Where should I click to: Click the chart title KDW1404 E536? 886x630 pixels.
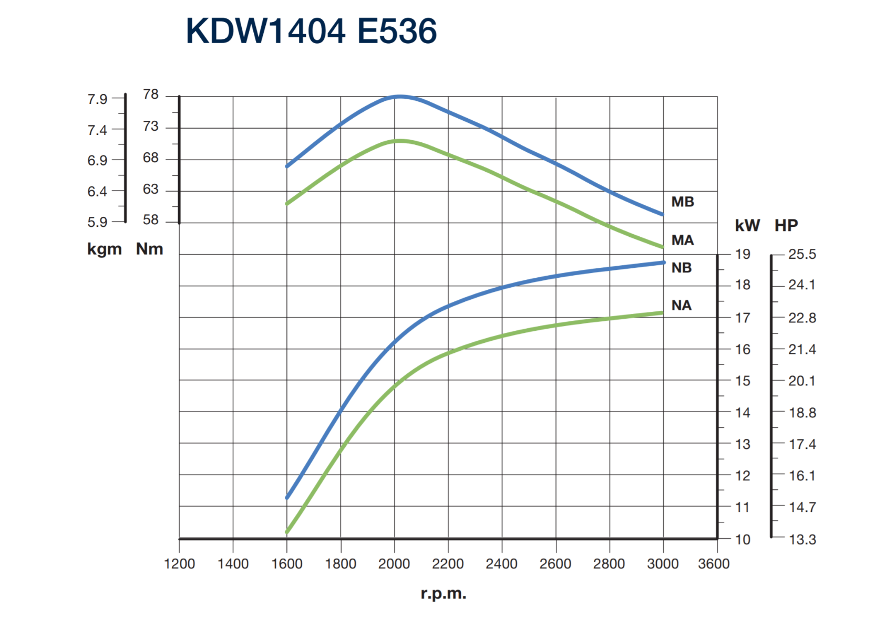pyautogui.click(x=311, y=31)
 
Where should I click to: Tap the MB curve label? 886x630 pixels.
pyautogui.click(x=683, y=202)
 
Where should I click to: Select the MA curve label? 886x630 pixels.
pyautogui.click(x=683, y=240)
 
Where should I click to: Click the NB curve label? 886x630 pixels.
pyautogui.click(x=682, y=268)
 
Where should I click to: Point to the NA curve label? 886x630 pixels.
pyautogui.click(x=682, y=306)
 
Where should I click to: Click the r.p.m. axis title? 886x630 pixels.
pyautogui.click(x=443, y=594)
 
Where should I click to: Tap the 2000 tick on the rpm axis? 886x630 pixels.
pyautogui.click(x=394, y=564)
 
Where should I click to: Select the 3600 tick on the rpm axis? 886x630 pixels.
pyautogui.click(x=714, y=564)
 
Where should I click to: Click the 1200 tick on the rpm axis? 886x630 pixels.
pyautogui.click(x=179, y=564)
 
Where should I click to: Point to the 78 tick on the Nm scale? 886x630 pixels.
pyautogui.click(x=151, y=94)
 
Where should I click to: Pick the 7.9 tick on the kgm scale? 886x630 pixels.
pyautogui.click(x=97, y=99)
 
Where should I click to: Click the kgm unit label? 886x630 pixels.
pyautogui.click(x=104, y=249)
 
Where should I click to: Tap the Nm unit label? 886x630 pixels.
pyautogui.click(x=150, y=249)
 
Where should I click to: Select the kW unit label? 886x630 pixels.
pyautogui.click(x=747, y=225)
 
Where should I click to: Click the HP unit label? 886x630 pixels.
pyautogui.click(x=786, y=225)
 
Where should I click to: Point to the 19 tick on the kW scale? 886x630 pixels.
pyautogui.click(x=743, y=255)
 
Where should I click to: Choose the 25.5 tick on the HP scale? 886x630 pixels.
pyautogui.click(x=802, y=255)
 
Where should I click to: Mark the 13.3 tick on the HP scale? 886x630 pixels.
pyautogui.click(x=802, y=539)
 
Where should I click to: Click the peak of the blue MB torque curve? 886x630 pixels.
pyautogui.click(x=400, y=97)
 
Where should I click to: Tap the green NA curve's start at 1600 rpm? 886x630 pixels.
pyautogui.click(x=287, y=532)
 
